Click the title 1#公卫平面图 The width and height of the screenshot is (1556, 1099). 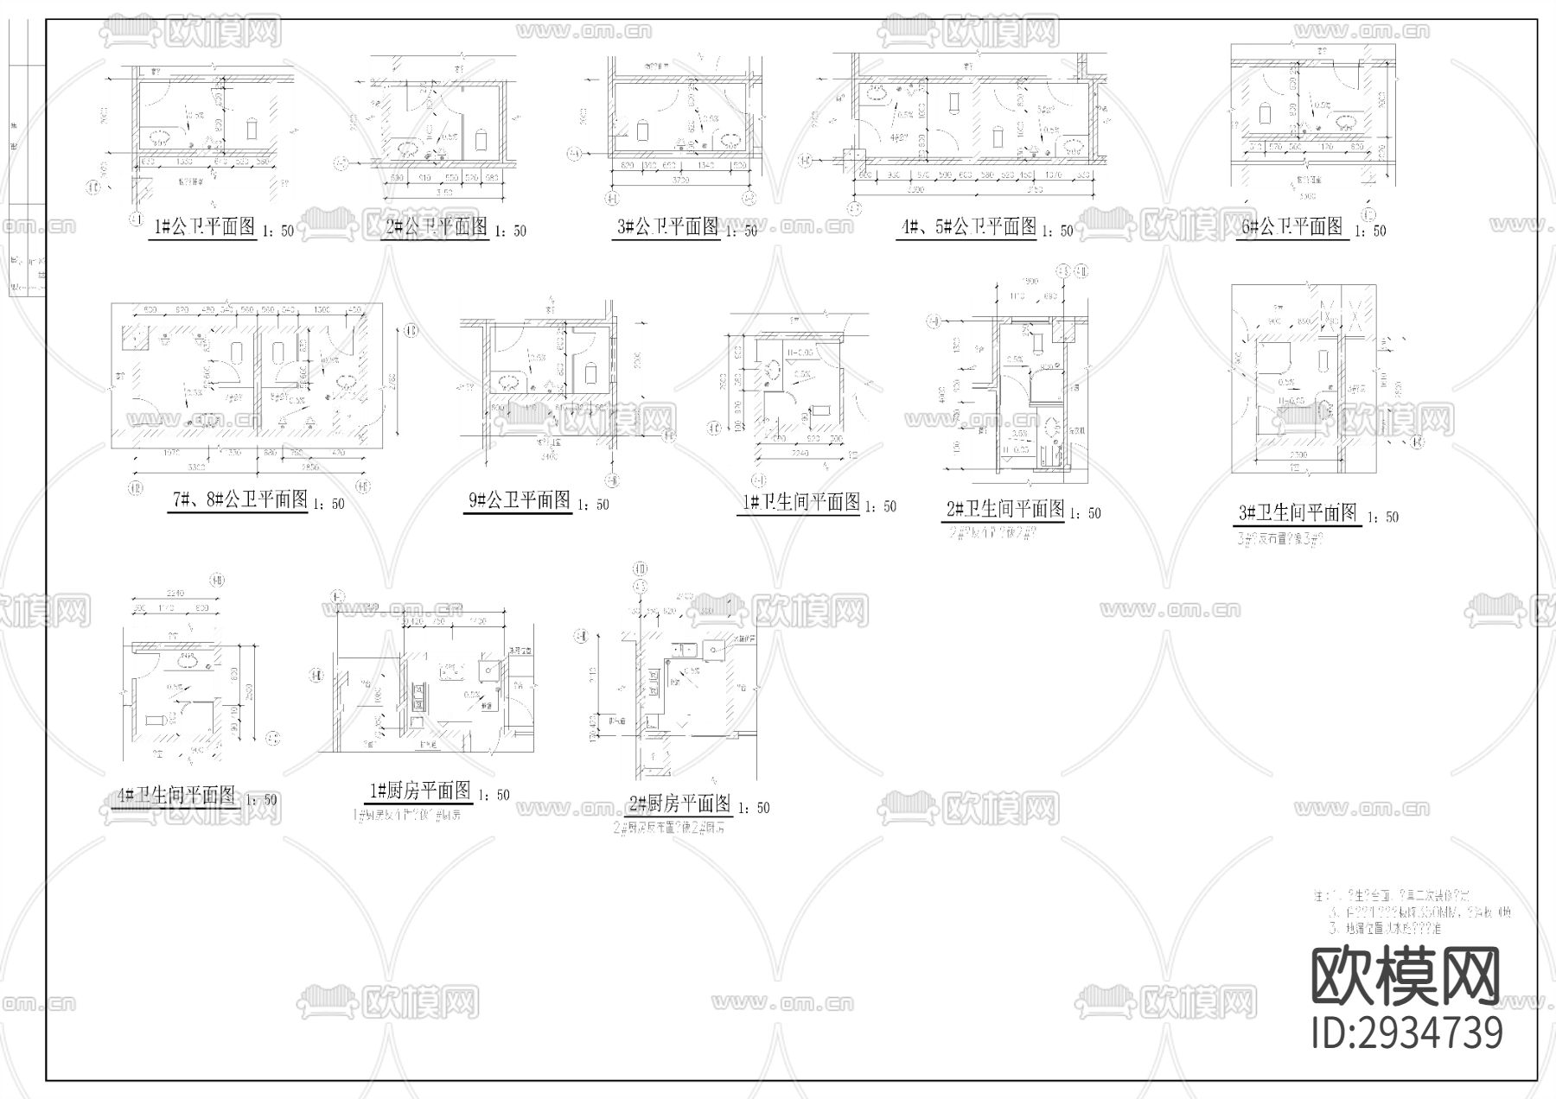click(204, 227)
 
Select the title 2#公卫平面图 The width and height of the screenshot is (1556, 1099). click(437, 227)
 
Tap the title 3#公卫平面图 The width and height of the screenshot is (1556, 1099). click(666, 227)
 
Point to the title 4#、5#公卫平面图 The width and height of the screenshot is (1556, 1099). click(967, 227)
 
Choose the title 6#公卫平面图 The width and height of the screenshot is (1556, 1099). click(1291, 227)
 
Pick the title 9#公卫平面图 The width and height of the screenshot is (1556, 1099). click(518, 500)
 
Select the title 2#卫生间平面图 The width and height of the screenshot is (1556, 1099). click(1004, 509)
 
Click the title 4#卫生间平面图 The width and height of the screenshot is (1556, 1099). click(175, 796)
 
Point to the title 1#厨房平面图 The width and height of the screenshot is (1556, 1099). click(419, 791)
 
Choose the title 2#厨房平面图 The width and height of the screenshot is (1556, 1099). click(679, 804)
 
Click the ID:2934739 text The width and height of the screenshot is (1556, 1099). click(1407, 1033)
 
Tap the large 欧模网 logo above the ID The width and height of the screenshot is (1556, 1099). click(1406, 977)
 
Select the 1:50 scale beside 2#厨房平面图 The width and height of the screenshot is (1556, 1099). click(753, 809)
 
